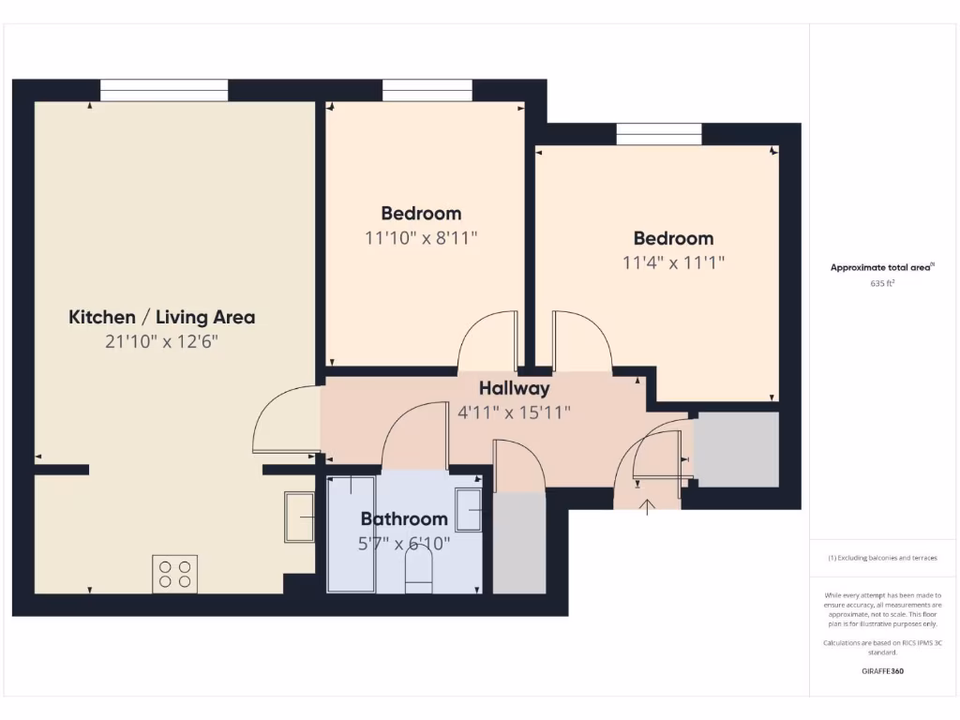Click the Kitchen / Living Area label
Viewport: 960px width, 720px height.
[161, 317]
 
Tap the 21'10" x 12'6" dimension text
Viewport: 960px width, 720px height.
[161, 342]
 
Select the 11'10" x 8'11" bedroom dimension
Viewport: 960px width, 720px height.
[421, 238]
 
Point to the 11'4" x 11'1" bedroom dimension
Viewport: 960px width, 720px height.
[673, 263]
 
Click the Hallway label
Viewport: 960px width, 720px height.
[514, 388]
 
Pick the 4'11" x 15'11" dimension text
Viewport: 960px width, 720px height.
[514, 412]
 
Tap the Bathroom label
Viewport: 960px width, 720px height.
[404, 518]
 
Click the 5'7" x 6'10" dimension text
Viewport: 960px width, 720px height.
[404, 543]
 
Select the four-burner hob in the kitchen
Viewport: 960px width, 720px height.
[175, 574]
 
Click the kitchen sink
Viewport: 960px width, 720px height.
[300, 517]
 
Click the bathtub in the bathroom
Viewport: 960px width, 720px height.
[351, 534]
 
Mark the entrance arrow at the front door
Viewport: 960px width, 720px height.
[647, 508]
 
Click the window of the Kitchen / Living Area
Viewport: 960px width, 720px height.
[164, 90]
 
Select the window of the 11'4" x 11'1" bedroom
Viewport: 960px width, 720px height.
[658, 134]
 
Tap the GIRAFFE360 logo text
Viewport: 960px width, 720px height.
[881, 671]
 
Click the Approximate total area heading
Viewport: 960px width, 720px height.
[881, 268]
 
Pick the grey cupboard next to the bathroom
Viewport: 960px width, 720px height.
[518, 542]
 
